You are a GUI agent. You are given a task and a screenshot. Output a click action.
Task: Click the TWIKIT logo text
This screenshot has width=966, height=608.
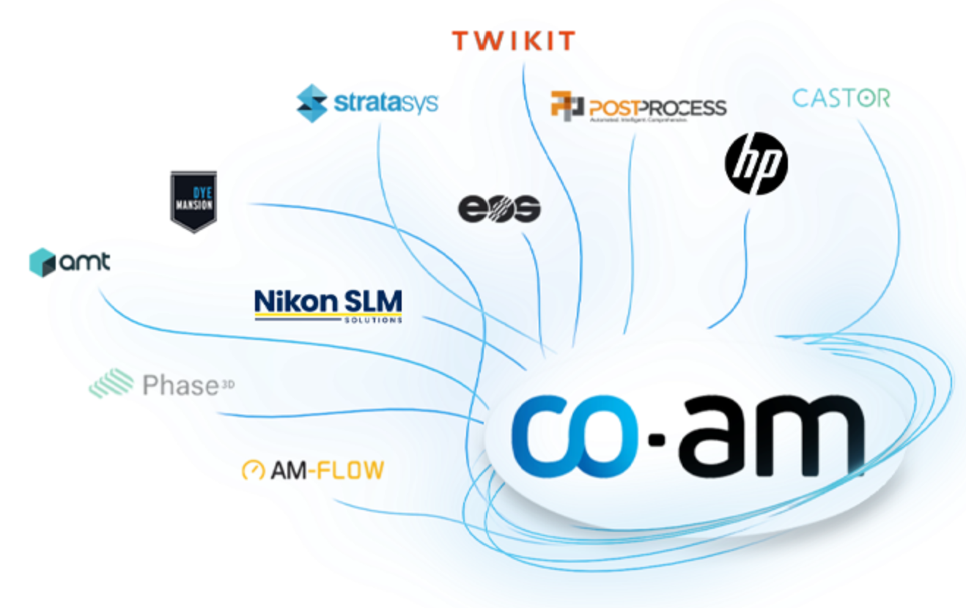pyautogui.click(x=513, y=41)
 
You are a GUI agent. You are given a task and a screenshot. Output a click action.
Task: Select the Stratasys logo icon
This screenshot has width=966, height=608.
pyautogui.click(x=311, y=103)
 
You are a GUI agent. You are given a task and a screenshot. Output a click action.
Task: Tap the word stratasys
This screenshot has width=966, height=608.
pyautogui.click(x=386, y=102)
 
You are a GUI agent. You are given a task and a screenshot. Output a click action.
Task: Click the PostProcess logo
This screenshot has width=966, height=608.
pyautogui.click(x=638, y=108)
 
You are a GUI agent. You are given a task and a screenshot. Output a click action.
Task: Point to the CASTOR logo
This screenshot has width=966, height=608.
pyautogui.click(x=841, y=97)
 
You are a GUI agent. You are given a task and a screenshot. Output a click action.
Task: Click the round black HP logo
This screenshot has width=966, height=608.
pyautogui.click(x=756, y=163)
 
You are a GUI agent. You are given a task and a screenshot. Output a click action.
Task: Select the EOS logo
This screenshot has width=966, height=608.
pyautogui.click(x=499, y=209)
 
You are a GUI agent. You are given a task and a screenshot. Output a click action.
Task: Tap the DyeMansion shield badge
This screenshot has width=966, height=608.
pyautogui.click(x=193, y=201)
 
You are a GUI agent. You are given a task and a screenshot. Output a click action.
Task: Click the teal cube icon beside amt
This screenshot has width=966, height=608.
pyautogui.click(x=43, y=262)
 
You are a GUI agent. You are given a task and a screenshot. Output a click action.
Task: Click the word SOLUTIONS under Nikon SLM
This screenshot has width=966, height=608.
pyautogui.click(x=372, y=320)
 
